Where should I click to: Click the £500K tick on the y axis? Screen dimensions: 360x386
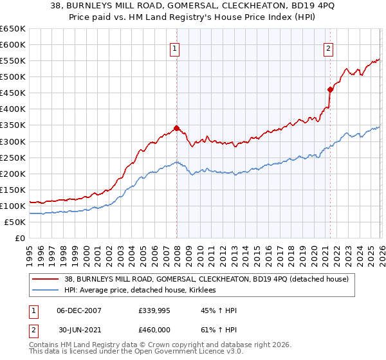tap(13, 77)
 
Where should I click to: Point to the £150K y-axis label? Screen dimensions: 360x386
tap(13, 190)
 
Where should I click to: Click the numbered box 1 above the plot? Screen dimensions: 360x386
tap(174, 48)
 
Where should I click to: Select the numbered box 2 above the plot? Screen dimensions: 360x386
tap(328, 48)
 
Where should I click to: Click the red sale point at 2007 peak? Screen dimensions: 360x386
tap(176, 128)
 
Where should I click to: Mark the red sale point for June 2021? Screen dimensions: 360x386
tap(330, 89)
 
